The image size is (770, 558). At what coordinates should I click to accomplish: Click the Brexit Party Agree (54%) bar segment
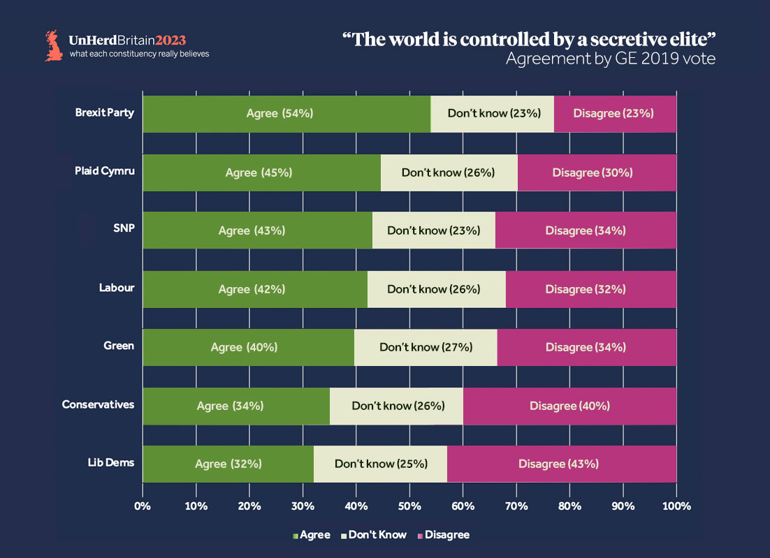[286, 113]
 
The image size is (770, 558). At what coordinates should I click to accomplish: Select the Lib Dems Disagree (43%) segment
[561, 464]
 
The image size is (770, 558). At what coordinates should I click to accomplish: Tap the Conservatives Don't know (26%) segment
[396, 406]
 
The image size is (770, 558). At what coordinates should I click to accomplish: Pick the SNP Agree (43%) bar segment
[257, 230]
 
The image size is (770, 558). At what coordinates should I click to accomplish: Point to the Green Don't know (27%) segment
[426, 347]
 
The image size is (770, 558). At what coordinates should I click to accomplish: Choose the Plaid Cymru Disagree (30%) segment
[597, 172]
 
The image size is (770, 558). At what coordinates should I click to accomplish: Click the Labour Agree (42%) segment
[255, 289]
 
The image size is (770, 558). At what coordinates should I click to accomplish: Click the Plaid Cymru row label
[104, 171]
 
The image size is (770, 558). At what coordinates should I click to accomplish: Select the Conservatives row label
[98, 404]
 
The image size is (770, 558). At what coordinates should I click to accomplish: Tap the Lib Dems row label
[110, 462]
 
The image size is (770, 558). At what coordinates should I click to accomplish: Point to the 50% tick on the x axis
[409, 506]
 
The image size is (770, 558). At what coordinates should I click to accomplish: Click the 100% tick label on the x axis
[676, 506]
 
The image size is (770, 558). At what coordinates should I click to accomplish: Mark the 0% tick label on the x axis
[143, 506]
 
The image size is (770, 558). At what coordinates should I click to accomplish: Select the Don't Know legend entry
[373, 535]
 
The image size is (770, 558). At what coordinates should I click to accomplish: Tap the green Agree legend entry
[312, 535]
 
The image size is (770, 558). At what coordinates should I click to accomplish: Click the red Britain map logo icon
[53, 45]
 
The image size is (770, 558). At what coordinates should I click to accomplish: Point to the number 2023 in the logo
[171, 40]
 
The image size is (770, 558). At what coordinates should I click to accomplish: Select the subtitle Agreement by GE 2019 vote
[611, 59]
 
